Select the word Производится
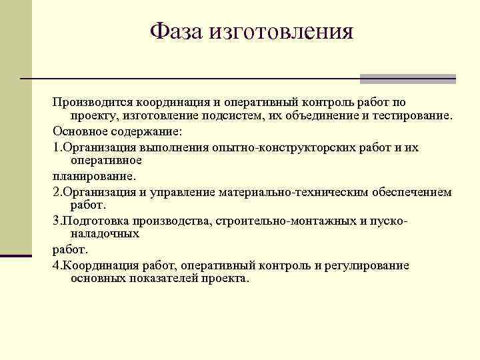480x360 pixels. (x=93, y=103)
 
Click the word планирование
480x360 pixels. (x=93, y=177)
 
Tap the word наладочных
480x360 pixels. (x=105, y=234)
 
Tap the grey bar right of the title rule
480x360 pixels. (x=407, y=79)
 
